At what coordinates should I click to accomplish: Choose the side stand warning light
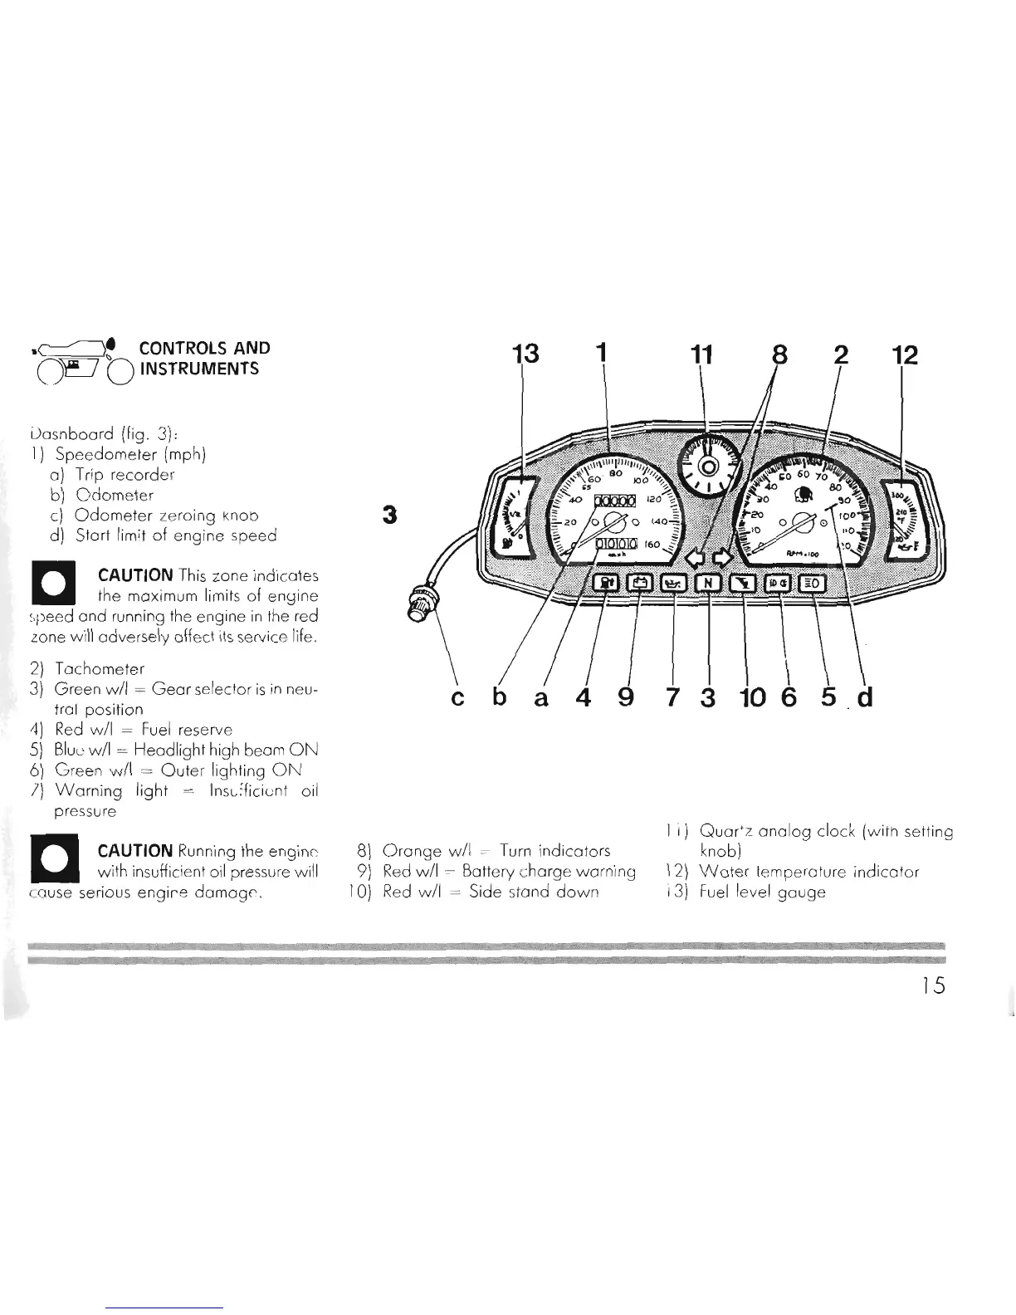743,583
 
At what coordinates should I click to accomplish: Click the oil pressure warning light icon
673,583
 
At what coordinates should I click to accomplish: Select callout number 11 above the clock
701,355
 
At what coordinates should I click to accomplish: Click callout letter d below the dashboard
865,696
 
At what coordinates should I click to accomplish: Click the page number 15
933,985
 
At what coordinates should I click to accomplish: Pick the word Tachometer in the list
99,669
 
